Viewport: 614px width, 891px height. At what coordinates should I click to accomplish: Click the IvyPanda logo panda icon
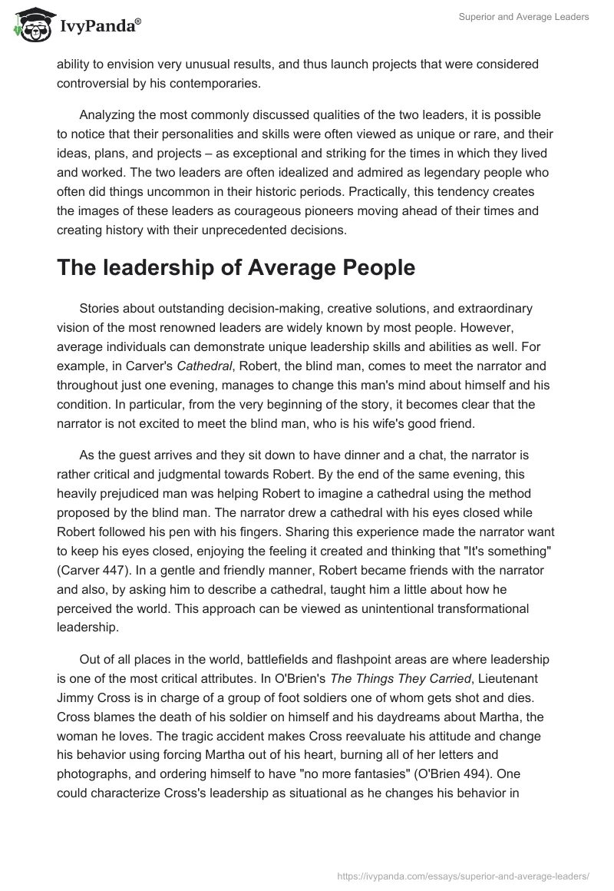click(x=29, y=25)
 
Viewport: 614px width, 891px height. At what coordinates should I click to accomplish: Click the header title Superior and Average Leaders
click(x=523, y=18)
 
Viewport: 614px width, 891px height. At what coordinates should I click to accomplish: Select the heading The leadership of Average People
click(x=236, y=267)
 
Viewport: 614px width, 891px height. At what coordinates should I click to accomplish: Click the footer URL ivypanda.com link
click(x=464, y=875)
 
